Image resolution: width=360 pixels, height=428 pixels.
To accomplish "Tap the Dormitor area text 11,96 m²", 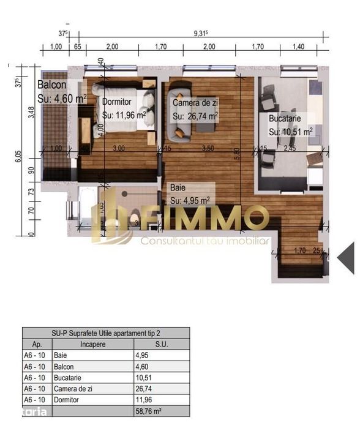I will (x=124, y=115).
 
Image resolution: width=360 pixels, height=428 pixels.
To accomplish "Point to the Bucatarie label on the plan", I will (x=284, y=119).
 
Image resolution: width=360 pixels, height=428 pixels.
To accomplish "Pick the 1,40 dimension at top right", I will (x=298, y=46).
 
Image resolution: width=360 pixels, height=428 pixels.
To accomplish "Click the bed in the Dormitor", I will (x=135, y=110).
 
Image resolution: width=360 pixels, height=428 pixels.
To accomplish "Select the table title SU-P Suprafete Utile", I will (x=106, y=333).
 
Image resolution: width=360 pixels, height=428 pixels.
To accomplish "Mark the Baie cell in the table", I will (x=61, y=355).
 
